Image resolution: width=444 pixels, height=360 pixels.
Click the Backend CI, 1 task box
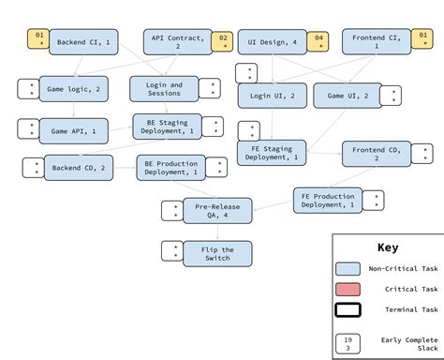(x=83, y=42)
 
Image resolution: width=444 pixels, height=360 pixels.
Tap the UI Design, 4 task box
(x=273, y=42)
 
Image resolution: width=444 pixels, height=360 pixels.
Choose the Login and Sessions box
(x=165, y=89)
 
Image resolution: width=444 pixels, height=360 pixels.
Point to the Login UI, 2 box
(x=272, y=95)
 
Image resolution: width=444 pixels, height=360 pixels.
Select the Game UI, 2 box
(x=348, y=96)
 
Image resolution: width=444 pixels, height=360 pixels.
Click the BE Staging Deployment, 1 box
(x=167, y=126)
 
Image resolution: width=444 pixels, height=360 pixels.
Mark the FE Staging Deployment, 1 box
(x=272, y=152)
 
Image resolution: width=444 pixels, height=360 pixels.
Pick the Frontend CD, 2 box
(x=377, y=154)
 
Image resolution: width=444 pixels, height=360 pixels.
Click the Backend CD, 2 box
(x=79, y=168)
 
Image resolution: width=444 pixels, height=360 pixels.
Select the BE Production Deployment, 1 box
(x=171, y=168)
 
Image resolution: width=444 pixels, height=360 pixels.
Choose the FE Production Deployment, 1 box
(x=328, y=200)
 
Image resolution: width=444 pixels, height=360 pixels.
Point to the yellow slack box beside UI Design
(x=318, y=41)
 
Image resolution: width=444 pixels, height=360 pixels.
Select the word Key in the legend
(x=387, y=248)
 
